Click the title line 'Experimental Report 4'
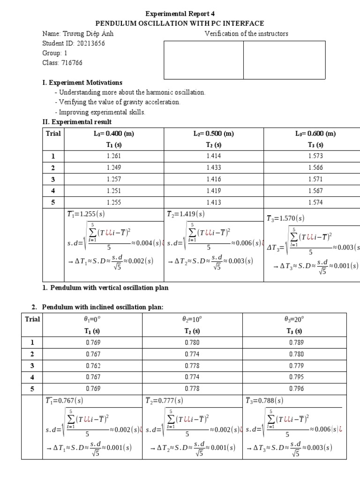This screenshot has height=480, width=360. click(180, 14)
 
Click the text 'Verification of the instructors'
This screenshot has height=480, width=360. click(247, 33)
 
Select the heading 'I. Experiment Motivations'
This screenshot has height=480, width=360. click(82, 83)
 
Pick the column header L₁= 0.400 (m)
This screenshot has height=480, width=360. click(113, 134)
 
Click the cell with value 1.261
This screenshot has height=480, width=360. click(113, 156)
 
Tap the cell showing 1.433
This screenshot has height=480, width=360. click(213, 167)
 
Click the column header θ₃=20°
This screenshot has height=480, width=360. click(294, 319)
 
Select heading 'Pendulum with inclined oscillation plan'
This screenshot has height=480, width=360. click(103, 307)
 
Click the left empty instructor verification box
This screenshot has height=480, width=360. click(203, 60)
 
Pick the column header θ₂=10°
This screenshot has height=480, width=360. click(192, 319)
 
